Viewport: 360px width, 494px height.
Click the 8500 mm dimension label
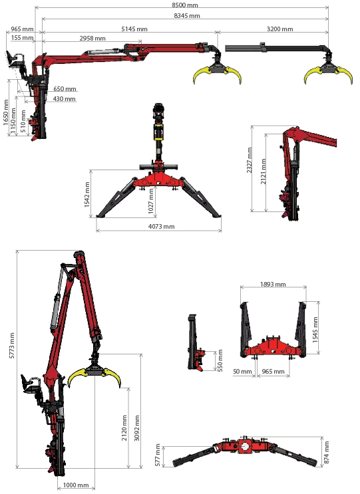point(185,5)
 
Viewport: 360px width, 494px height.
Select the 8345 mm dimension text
point(187,15)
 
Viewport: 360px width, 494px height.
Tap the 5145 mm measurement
point(134,29)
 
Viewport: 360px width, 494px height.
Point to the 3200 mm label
point(280,29)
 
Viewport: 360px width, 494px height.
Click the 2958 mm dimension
point(92,38)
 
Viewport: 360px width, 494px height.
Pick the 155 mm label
point(22,38)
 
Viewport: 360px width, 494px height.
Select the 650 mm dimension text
point(65,88)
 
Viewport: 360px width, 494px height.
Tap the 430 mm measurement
point(65,98)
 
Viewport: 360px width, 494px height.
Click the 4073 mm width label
point(162,226)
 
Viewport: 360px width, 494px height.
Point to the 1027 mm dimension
point(151,200)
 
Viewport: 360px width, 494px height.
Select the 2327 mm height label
point(250,160)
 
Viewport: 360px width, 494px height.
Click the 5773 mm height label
point(12,345)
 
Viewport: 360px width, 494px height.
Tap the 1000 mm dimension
point(76,485)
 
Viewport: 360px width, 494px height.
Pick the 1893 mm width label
point(273,284)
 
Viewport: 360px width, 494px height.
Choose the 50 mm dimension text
point(242,372)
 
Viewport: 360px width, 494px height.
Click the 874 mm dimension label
point(327,452)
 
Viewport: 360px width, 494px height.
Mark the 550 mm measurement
point(220,360)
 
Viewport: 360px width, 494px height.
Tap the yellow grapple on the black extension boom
point(329,73)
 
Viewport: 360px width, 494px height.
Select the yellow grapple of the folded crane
point(94,376)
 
